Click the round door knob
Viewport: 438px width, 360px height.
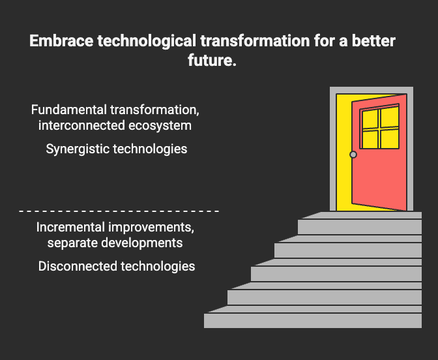(x=353, y=155)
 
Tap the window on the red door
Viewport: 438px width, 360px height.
(x=379, y=128)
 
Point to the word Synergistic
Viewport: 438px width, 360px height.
(x=78, y=149)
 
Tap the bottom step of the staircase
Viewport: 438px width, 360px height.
(x=313, y=320)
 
